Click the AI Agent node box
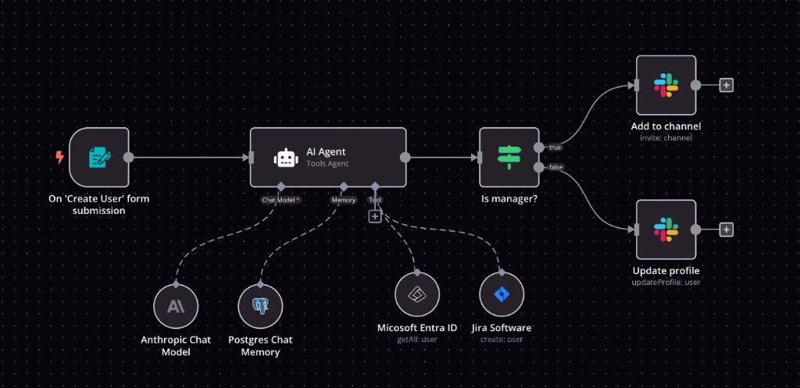click(x=328, y=157)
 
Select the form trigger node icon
click(x=99, y=157)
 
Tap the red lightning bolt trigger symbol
click(x=59, y=157)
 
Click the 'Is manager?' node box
click(x=509, y=157)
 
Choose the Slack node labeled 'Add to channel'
click(x=666, y=85)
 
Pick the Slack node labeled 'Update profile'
click(x=666, y=230)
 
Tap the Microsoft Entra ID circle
click(x=417, y=294)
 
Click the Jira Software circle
click(x=502, y=294)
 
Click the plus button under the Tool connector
click(x=375, y=216)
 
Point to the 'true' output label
click(x=555, y=147)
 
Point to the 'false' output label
click(x=555, y=167)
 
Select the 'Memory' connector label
click(x=344, y=200)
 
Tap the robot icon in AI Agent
click(x=286, y=158)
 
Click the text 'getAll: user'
click(x=417, y=339)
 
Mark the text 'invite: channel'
click(x=666, y=137)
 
